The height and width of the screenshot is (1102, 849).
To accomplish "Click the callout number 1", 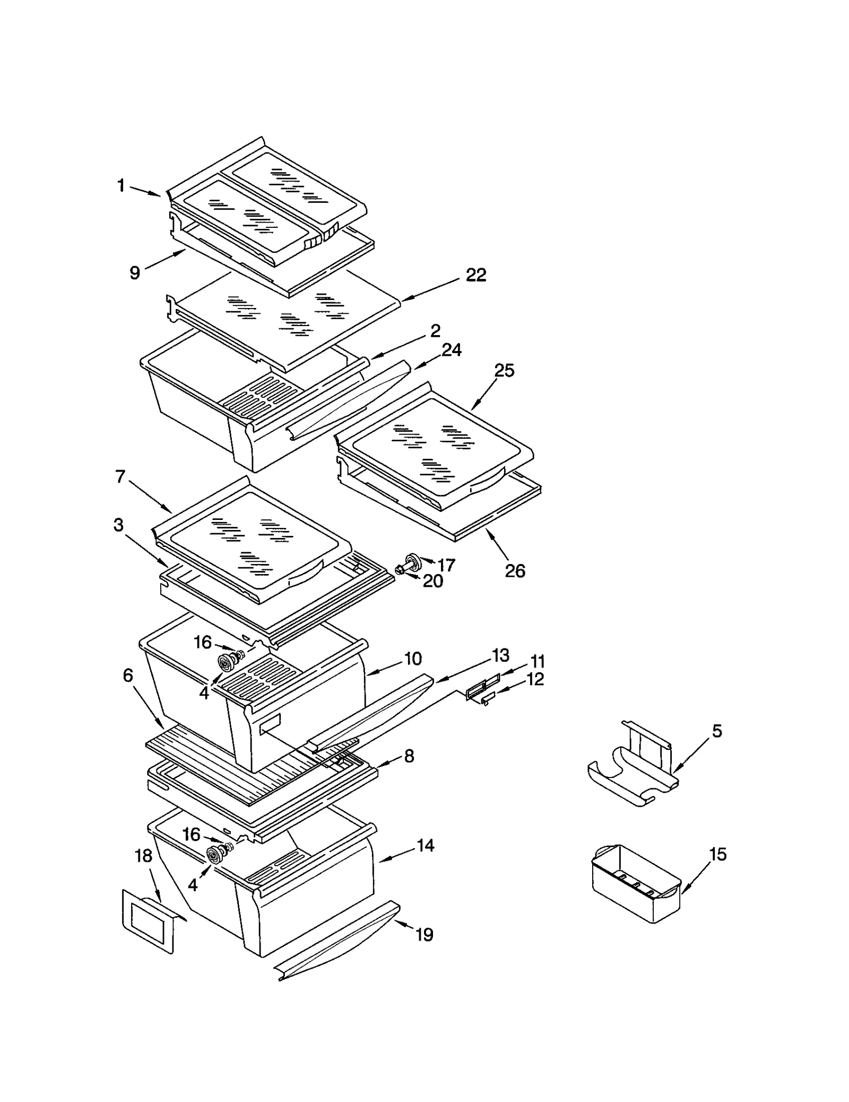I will click(x=121, y=186).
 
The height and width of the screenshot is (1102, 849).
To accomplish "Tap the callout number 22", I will click(x=475, y=275).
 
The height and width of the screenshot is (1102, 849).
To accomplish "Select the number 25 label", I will click(x=504, y=371).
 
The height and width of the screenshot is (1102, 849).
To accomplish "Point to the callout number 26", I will click(x=515, y=571).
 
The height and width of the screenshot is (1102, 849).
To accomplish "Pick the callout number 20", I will click(x=432, y=581).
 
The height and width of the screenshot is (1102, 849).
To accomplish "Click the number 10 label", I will click(x=413, y=659).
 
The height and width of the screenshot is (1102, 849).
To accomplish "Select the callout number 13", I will click(x=500, y=656).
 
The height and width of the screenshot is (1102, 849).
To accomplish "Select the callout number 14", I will click(x=425, y=845).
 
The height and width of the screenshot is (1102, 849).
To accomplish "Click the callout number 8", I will click(x=409, y=756).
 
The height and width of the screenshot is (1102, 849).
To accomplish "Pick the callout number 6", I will click(x=128, y=676).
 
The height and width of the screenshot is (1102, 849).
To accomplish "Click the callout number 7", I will click(x=120, y=477).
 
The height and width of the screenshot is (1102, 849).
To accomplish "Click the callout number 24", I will click(x=452, y=350).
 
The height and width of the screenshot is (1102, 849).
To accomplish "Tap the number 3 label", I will click(x=118, y=525).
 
